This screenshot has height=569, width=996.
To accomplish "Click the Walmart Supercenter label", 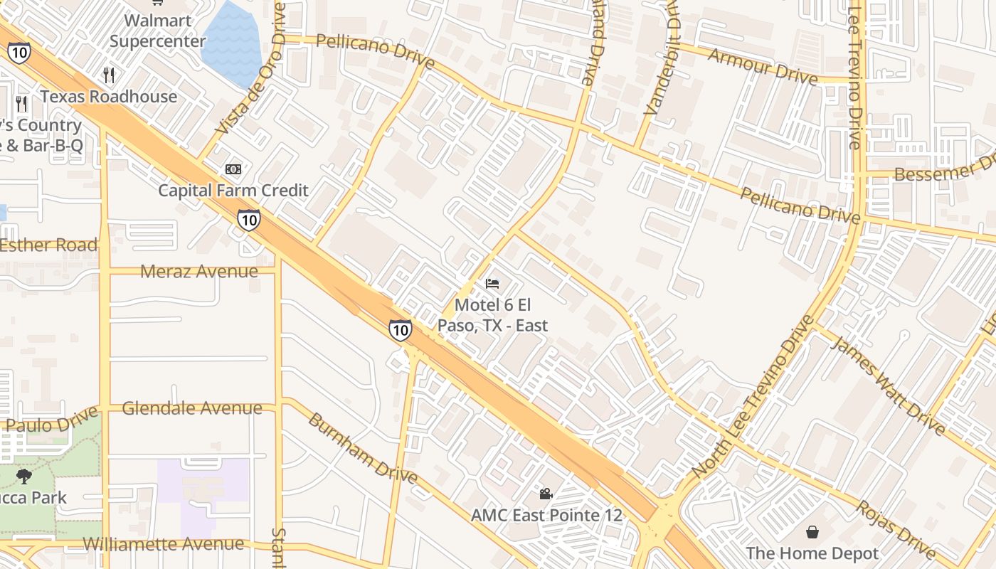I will point(157,31).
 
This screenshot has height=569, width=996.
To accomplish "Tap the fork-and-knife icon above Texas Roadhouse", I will point(109,75).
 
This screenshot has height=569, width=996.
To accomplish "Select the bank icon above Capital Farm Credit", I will point(233,169).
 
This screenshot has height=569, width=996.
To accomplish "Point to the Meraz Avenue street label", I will point(199,271).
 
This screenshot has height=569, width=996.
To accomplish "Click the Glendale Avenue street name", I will point(192,408).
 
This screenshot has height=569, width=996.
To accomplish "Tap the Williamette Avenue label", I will point(163,544).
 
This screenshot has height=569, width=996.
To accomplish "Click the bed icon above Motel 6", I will point(492,284).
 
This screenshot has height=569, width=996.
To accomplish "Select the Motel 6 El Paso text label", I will point(492,315).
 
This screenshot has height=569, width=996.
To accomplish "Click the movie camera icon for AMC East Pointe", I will point(546,494).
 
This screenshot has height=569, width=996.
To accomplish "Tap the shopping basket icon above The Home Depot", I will point(812,532).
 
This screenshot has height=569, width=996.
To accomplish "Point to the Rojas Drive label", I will point(896,531).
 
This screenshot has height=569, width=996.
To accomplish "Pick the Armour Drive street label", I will point(763,67).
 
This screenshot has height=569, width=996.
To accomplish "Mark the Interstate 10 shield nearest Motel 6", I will point(400,329).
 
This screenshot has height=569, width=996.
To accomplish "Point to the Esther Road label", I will point(48,245).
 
